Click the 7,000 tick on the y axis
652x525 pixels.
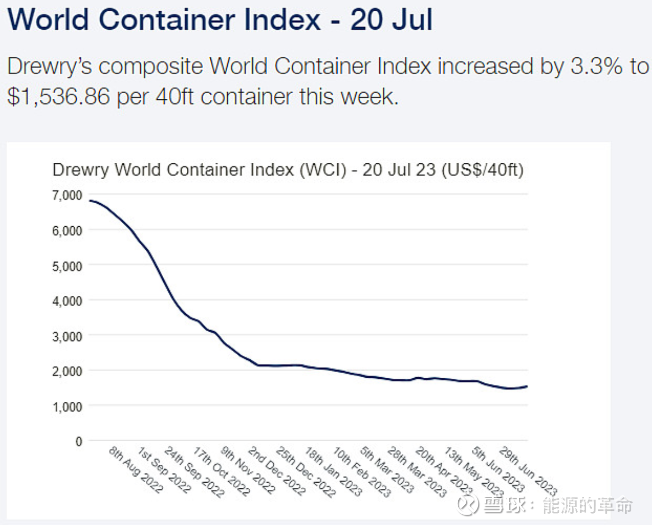(67, 195)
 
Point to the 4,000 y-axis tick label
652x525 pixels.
(67, 301)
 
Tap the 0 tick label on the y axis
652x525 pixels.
(79, 442)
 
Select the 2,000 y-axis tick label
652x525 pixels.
(67, 371)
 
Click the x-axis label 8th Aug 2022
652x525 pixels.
(136, 470)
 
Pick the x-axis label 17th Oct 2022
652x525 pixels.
(222, 472)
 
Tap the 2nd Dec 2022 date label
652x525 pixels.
(277, 471)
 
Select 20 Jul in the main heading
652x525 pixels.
(391, 20)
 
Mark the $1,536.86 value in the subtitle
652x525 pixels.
(59, 97)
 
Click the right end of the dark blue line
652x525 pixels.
(527, 386)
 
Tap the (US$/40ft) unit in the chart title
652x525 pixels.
(482, 170)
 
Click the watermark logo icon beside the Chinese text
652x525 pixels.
(469, 505)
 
